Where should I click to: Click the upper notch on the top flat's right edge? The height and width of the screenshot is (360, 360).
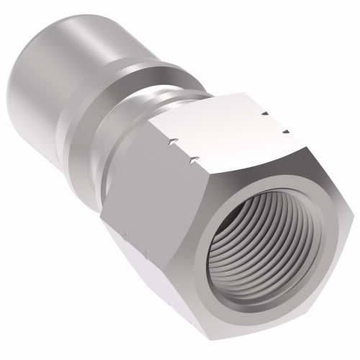[x=265, y=113]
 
